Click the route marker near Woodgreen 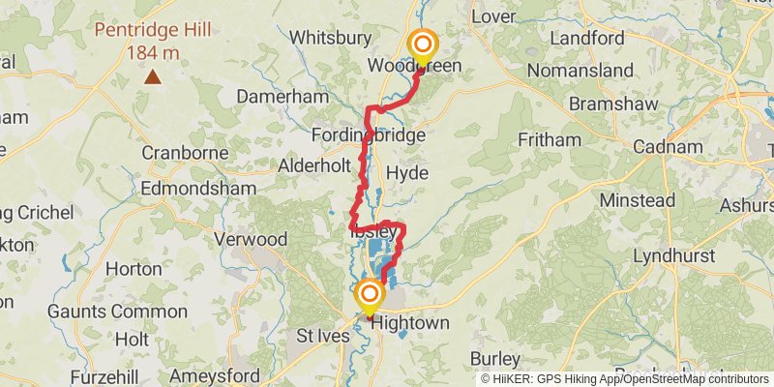pyautogui.click(x=423, y=45)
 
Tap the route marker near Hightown pyautogui.click(x=370, y=295)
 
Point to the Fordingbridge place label pyautogui.click(x=369, y=135)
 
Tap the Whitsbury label pyautogui.click(x=331, y=38)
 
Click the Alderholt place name pyautogui.click(x=314, y=165)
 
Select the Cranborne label pyautogui.click(x=183, y=153)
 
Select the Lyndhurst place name pyautogui.click(x=674, y=256)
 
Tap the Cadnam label pyautogui.click(x=668, y=147)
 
